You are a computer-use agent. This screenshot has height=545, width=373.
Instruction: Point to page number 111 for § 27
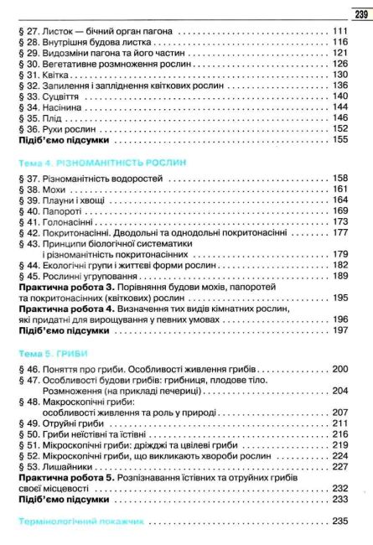click(x=340, y=32)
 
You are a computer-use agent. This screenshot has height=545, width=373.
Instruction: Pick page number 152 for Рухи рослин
click(x=340, y=129)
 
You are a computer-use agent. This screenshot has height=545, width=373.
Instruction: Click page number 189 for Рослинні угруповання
click(x=340, y=276)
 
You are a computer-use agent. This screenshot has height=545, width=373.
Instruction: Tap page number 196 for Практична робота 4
click(x=340, y=319)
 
